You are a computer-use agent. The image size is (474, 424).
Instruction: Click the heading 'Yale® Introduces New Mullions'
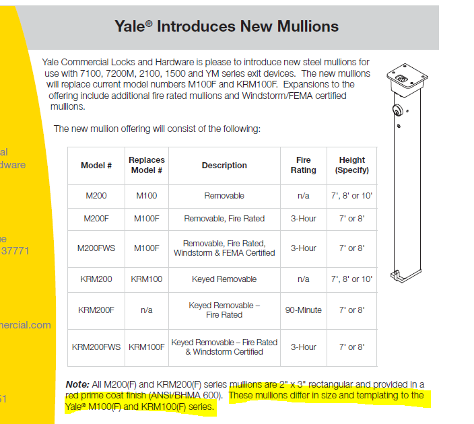[226, 26]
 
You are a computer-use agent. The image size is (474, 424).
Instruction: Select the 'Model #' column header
[96, 166]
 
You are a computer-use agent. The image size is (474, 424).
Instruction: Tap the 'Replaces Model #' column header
[146, 165]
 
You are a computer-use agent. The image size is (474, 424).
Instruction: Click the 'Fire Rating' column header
[303, 165]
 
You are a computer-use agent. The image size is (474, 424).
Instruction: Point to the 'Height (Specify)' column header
[352, 165]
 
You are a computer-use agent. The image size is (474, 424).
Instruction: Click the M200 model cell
[96, 196]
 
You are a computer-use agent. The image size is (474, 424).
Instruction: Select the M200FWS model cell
[96, 248]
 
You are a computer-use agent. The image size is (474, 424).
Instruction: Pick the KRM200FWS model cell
[96, 347]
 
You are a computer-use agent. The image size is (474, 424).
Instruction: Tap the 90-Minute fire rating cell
[303, 310]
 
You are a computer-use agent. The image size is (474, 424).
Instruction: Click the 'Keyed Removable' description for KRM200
[224, 279]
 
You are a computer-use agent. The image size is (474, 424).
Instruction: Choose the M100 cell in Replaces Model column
[146, 196]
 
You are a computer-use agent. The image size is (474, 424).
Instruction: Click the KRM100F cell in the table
[146, 347]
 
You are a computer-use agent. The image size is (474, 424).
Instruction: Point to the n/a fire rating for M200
[303, 196]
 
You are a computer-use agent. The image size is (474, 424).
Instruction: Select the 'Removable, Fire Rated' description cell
[224, 219]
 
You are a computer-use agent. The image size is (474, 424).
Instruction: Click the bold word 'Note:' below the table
[77, 384]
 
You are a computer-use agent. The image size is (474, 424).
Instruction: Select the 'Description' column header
[224, 166]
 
